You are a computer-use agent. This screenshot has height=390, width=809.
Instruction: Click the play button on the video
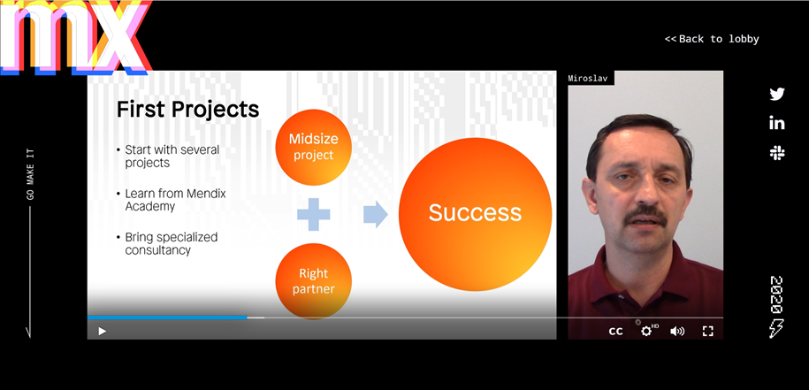[103, 331]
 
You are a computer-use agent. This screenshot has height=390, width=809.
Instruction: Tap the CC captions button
[615, 331]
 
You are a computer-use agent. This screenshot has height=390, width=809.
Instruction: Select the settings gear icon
[646, 331]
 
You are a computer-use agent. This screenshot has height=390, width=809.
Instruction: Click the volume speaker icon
[677, 331]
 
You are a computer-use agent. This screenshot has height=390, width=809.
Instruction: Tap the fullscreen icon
[708, 331]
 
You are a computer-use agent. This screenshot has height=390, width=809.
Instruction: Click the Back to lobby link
[712, 39]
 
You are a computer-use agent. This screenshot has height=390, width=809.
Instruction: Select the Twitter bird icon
[777, 94]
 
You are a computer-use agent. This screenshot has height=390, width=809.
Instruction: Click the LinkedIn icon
[777, 123]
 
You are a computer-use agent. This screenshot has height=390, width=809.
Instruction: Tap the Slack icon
[777, 153]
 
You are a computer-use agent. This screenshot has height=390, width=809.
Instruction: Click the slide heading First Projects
[187, 110]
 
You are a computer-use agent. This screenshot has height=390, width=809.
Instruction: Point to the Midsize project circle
[314, 147]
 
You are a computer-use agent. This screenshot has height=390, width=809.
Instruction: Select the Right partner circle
[314, 281]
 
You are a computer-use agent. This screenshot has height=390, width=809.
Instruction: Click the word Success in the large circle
[475, 212]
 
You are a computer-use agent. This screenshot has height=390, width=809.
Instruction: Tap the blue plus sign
[314, 214]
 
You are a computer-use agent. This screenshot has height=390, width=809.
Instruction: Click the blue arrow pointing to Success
[376, 214]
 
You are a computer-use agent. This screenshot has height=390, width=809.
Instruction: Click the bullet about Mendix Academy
[175, 200]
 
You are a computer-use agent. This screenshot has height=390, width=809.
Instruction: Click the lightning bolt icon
[776, 329]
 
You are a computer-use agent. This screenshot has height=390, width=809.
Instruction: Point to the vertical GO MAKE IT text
[30, 174]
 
